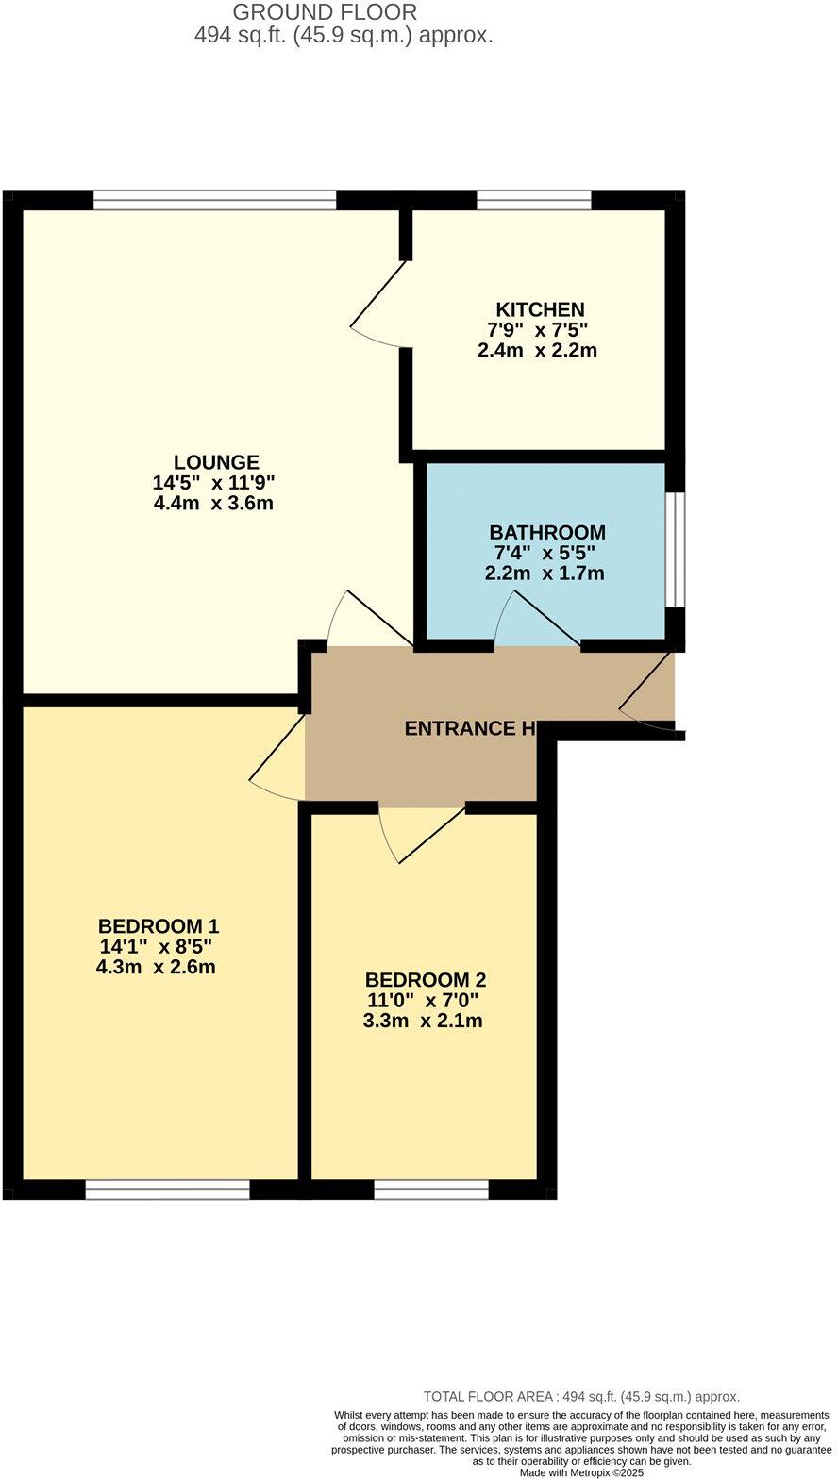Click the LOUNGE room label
(x=216, y=462)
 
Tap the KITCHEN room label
(x=540, y=309)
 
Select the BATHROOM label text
(x=546, y=532)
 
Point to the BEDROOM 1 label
(x=159, y=925)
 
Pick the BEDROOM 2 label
(x=426, y=980)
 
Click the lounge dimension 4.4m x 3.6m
(x=213, y=503)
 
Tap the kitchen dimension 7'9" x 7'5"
(x=537, y=330)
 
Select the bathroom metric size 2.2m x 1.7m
(x=545, y=573)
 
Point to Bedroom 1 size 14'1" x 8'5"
(x=156, y=946)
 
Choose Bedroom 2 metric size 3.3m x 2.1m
(x=423, y=1021)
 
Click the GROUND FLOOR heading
(x=325, y=13)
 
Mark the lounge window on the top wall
(x=214, y=200)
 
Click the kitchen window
(x=533, y=200)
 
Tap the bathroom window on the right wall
(x=676, y=548)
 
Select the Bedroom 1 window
(x=167, y=1189)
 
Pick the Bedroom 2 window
(x=431, y=1189)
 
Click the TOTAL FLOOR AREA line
(x=581, y=1397)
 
